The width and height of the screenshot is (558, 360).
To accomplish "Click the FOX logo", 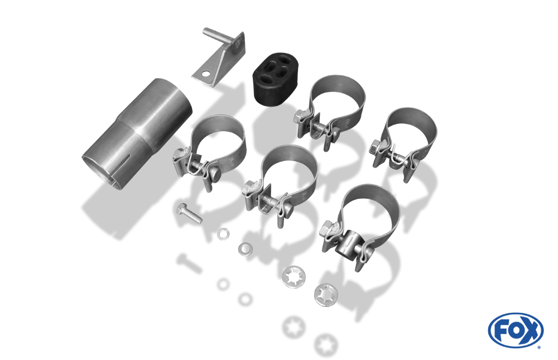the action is click(x=516, y=330).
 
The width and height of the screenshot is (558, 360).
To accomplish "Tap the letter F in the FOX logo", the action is click(x=501, y=331).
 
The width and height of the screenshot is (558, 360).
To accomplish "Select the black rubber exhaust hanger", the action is click(x=276, y=79).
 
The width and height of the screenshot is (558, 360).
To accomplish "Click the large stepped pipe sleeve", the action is click(x=137, y=134).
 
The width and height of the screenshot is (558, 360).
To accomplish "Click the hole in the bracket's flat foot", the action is click(x=206, y=74).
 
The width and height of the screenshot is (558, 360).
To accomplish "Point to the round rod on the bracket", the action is click(x=218, y=36).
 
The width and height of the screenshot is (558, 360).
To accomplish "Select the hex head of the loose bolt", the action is click(x=181, y=209).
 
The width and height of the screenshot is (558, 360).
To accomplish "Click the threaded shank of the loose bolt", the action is click(x=194, y=217).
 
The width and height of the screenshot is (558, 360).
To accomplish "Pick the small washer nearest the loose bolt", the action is click(x=223, y=234).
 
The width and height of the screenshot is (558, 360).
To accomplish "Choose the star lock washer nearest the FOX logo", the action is click(x=326, y=295).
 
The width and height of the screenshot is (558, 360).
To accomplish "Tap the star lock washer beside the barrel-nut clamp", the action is click(x=294, y=277).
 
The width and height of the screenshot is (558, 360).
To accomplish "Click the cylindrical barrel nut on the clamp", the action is click(x=347, y=243).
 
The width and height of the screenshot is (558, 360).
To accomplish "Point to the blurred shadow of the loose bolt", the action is click(x=189, y=263).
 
